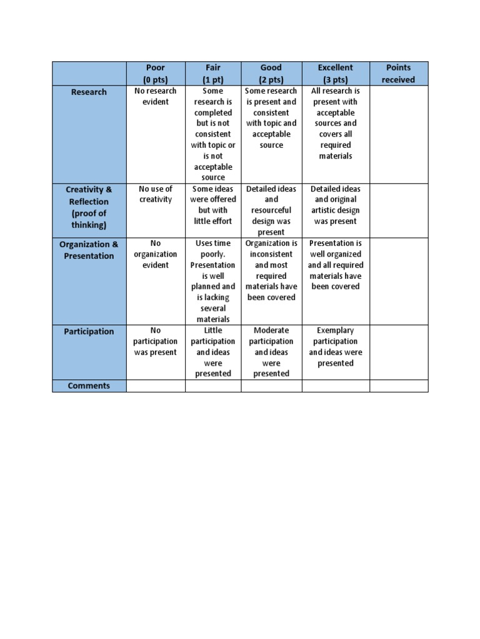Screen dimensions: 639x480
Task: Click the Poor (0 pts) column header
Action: (x=156, y=74)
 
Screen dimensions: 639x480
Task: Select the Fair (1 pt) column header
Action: (x=213, y=74)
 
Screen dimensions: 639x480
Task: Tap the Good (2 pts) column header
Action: (x=271, y=74)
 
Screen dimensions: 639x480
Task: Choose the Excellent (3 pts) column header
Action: (x=336, y=74)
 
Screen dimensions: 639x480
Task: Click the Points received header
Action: (x=398, y=74)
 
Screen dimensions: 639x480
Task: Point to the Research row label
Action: (x=89, y=92)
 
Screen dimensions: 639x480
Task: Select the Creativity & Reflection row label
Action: (x=89, y=207)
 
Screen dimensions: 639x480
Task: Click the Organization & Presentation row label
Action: (x=89, y=250)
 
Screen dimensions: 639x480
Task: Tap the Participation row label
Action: (x=89, y=331)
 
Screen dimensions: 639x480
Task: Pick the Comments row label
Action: (x=89, y=386)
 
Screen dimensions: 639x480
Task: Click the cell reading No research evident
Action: (x=156, y=96)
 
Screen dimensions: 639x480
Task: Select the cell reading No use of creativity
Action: (x=156, y=194)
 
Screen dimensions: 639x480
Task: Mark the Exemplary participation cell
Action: (x=336, y=347)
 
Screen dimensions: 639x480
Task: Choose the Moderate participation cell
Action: (x=271, y=352)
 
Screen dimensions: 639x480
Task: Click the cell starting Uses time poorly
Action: (x=213, y=281)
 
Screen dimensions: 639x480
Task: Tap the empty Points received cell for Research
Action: (x=398, y=134)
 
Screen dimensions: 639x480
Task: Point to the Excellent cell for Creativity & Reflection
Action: (x=336, y=205)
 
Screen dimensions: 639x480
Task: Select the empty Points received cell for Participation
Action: (x=398, y=352)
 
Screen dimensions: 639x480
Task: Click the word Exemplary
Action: (x=336, y=331)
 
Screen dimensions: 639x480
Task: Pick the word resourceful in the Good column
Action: (x=271, y=210)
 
